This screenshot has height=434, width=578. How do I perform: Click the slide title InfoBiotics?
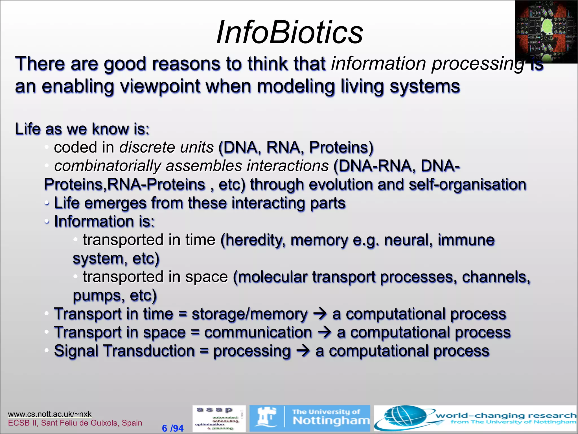click(290, 32)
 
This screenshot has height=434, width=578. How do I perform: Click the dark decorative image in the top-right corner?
click(546, 32)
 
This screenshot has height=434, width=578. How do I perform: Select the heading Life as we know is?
click(82, 129)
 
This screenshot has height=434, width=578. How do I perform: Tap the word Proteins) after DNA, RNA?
click(341, 147)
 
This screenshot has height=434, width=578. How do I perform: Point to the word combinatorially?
click(108, 166)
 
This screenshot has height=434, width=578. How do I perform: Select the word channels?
click(496, 277)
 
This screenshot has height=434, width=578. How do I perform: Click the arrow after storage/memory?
click(320, 314)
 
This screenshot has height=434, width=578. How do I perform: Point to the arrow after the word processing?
click(303, 351)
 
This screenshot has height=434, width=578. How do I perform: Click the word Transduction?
click(149, 351)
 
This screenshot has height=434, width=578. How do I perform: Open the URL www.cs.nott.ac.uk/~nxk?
click(50, 414)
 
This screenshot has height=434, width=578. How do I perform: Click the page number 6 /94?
click(173, 428)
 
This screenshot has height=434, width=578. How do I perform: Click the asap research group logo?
click(219, 418)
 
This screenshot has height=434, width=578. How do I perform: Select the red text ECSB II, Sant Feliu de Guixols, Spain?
click(75, 423)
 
